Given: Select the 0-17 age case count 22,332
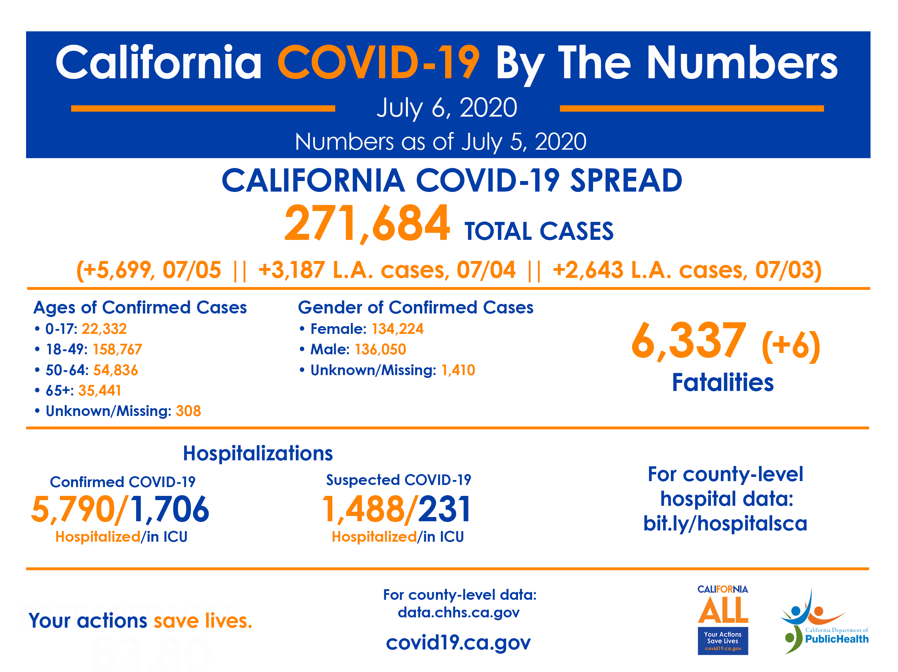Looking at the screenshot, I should point(104,329).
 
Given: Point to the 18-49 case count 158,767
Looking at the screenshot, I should point(117,349).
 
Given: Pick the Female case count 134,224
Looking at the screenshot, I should point(398,329).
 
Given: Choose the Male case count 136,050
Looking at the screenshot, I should point(380,349).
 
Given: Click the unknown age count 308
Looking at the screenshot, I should point(188,411).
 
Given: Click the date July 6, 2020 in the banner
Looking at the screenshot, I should point(447,108).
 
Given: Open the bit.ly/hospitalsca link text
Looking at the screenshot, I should point(725,523).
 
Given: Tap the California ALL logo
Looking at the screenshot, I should point(723,619).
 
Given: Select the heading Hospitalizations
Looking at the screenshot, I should point(258,453).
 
